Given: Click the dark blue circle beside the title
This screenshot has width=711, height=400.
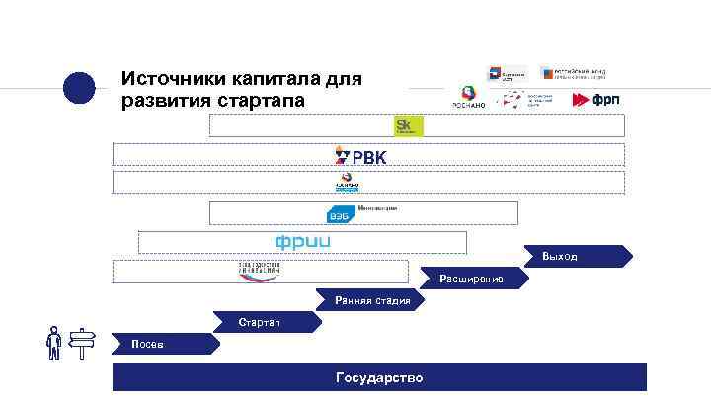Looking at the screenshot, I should pyautogui.click(x=79, y=88).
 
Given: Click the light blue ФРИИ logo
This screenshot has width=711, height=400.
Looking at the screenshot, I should pyautogui.click(x=302, y=242).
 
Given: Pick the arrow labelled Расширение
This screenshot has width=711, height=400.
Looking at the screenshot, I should pyautogui.click(x=472, y=280).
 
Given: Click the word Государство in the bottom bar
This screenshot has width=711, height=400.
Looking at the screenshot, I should pyautogui.click(x=379, y=378).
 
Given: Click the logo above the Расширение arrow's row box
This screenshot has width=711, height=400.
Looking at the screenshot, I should pyautogui.click(x=260, y=271).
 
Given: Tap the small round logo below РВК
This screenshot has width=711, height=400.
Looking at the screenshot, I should pyautogui.click(x=347, y=183).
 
